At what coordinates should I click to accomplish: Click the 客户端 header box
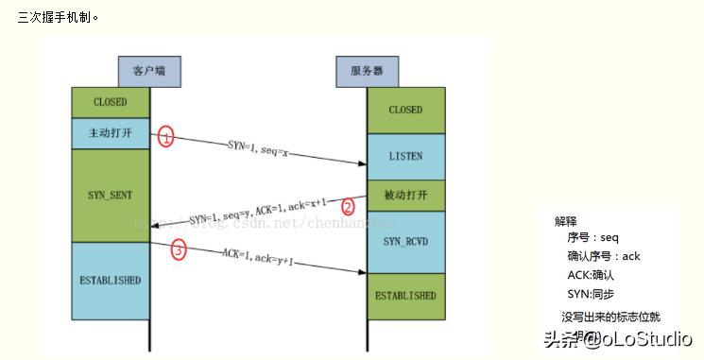[x=149, y=71]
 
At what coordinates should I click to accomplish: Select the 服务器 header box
[x=367, y=71]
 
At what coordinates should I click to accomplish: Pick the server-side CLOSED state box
[x=405, y=110]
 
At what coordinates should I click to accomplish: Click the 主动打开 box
[x=111, y=133]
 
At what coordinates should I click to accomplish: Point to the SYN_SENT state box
[x=111, y=195]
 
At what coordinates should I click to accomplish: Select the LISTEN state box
[x=405, y=156]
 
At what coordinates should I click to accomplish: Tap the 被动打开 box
[x=405, y=196]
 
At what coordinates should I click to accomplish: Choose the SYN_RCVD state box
[x=405, y=242]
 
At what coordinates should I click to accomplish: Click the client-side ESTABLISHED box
[x=111, y=281]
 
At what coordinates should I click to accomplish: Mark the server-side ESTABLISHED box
[x=405, y=295]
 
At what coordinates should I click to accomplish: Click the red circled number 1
[x=165, y=137]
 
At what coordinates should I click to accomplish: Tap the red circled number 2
[x=348, y=206]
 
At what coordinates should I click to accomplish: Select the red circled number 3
[x=179, y=250]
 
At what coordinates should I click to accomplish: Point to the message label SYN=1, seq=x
[x=258, y=146]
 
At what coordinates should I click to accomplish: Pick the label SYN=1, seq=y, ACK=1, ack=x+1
[x=257, y=212]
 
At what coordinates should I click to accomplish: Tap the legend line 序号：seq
[x=593, y=238]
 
